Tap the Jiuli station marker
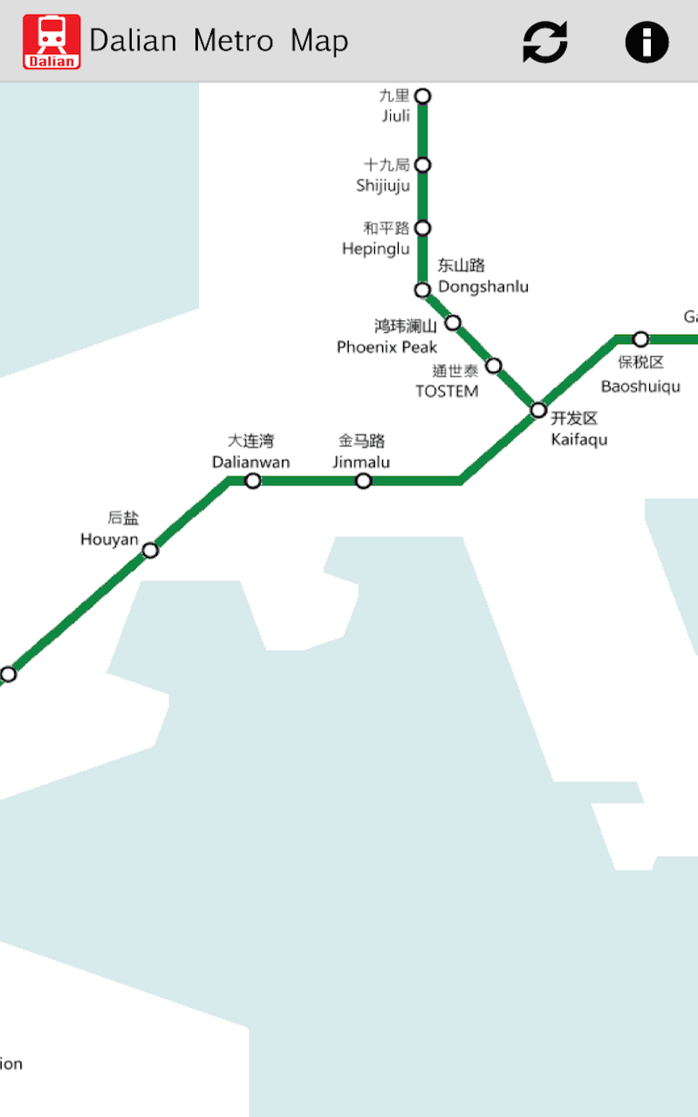pyautogui.click(x=422, y=96)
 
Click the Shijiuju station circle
pyautogui.click(x=422, y=165)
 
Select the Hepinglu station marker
pyautogui.click(x=422, y=228)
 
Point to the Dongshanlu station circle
pyautogui.click(x=422, y=290)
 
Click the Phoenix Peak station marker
pyautogui.click(x=453, y=323)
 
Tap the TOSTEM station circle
pyautogui.click(x=493, y=365)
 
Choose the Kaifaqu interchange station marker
pyautogui.click(x=538, y=410)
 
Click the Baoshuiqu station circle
pyautogui.click(x=640, y=339)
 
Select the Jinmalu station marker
pyautogui.click(x=363, y=481)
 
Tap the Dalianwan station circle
pyautogui.click(x=252, y=481)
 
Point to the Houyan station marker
pyautogui.click(x=150, y=550)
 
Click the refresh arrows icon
pyautogui.click(x=545, y=41)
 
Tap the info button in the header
pyautogui.click(x=647, y=41)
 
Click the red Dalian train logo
pyautogui.click(x=51, y=41)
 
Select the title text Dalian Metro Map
pyautogui.click(x=218, y=41)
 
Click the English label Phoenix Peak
pyautogui.click(x=387, y=347)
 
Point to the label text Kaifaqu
pyautogui.click(x=579, y=439)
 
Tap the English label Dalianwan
pyautogui.click(x=251, y=462)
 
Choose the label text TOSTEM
pyautogui.click(x=447, y=391)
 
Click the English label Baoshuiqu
pyautogui.click(x=640, y=386)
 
